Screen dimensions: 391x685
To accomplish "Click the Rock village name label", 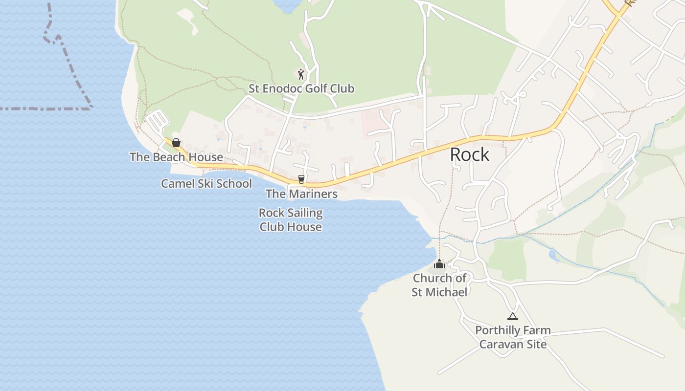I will tap(469, 154).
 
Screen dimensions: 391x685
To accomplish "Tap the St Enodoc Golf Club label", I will tap(301, 88).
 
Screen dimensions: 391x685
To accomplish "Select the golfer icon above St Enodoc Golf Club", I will tap(301, 74).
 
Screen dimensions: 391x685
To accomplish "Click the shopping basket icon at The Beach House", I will tap(176, 143).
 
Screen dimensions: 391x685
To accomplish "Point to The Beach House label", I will tap(176, 157).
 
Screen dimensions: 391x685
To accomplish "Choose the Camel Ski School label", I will tap(206, 184).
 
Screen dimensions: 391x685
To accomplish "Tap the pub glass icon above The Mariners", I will tap(301, 179).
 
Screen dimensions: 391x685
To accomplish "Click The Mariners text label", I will tap(301, 194).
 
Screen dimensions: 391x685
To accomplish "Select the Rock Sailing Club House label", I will tap(291, 220).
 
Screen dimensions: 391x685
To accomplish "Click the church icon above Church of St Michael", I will tap(439, 264).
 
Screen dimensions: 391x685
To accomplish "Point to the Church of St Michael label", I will tap(439, 285).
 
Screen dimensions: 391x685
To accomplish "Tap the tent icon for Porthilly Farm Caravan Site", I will tap(512, 317).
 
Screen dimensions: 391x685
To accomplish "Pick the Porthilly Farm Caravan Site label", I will tap(513, 337).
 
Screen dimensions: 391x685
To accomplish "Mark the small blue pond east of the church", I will tap(553, 254).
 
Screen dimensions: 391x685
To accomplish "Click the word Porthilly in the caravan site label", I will tap(497, 330).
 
